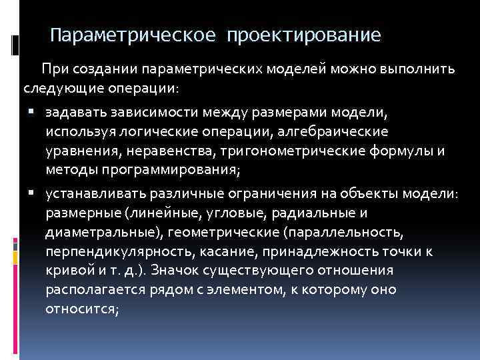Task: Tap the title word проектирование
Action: [x=305, y=34]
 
